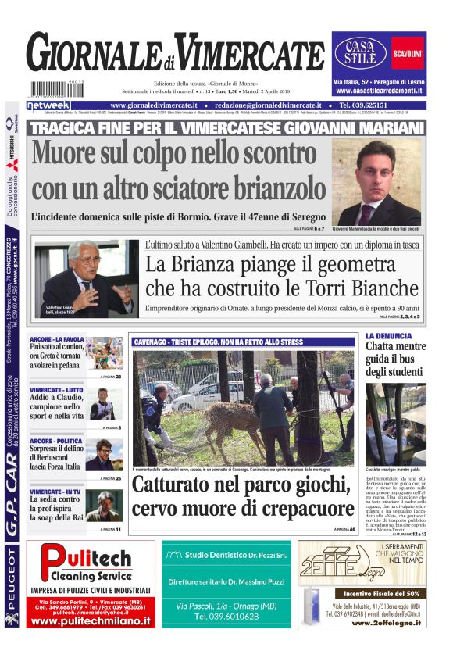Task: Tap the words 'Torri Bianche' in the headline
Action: [x=331, y=288]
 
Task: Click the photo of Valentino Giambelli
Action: [x=87, y=277]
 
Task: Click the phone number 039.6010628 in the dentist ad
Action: [x=226, y=617]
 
